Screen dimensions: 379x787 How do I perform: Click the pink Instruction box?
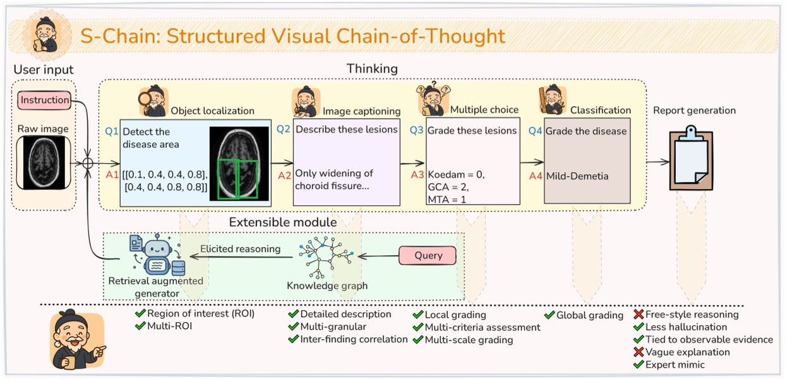(44, 100)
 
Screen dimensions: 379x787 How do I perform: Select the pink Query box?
(428, 255)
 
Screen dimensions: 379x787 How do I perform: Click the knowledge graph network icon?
(327, 256)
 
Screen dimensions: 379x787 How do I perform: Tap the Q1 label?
(112, 132)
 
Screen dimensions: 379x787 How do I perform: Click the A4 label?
(536, 176)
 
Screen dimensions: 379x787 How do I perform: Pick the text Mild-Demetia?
(577, 176)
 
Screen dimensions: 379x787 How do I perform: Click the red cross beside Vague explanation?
(639, 352)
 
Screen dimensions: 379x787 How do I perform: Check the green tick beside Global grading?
(549, 315)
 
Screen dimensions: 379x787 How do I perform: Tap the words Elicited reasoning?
(240, 249)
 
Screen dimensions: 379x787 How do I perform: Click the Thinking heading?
(372, 68)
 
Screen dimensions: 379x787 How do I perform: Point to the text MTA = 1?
(450, 200)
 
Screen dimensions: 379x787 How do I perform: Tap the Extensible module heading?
(282, 222)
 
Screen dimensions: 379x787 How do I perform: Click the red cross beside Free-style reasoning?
(639, 314)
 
